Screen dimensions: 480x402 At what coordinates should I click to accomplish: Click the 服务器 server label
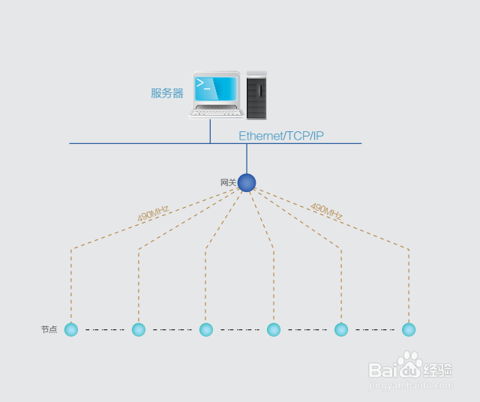coord(167,93)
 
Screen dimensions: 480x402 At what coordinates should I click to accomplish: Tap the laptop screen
coord(217,88)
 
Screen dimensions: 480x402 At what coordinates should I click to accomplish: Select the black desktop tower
coord(256,95)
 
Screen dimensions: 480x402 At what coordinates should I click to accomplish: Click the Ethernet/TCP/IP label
coord(281,136)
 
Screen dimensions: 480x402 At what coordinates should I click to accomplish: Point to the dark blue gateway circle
coord(247,182)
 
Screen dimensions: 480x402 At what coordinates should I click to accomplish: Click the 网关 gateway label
coord(228,182)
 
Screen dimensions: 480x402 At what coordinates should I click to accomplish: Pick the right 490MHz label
coord(326,211)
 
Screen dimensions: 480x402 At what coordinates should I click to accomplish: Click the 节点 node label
coord(49,329)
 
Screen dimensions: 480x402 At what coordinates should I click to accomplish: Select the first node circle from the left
coord(71,329)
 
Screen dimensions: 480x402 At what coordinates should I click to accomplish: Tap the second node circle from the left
coord(138,329)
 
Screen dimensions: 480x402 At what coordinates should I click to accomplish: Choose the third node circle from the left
coord(206,329)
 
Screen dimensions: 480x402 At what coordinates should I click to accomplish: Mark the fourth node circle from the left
coord(274,329)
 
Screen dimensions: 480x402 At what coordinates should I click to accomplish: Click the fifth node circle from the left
coord(341,329)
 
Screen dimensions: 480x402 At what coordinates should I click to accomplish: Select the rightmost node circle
coord(409,329)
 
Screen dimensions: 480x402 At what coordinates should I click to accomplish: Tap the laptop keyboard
coord(217,113)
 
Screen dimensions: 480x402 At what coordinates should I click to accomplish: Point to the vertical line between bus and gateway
coord(247,158)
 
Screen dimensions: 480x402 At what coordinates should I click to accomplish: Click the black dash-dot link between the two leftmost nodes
coord(105,329)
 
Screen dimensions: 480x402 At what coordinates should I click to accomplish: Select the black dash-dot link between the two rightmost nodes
coord(375,329)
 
